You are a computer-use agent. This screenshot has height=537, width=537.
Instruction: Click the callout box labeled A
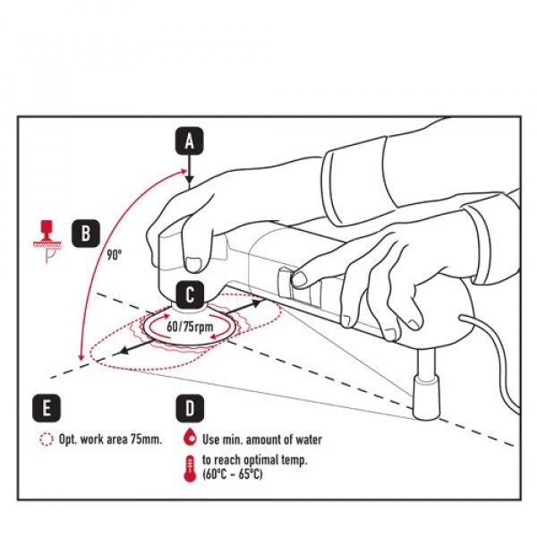pyautogui.click(x=189, y=141)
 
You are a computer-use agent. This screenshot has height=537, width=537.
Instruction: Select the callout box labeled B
pyautogui.click(x=85, y=233)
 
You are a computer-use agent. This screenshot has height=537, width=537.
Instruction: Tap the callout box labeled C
pyautogui.click(x=190, y=293)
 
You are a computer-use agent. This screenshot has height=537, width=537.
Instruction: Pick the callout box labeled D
pyautogui.click(x=189, y=408)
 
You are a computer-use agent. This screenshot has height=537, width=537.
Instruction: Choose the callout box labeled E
pyautogui.click(x=47, y=408)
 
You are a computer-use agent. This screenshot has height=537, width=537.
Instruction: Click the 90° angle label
pyautogui.click(x=114, y=254)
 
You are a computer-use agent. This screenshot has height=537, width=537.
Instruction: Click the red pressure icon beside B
pyautogui.click(x=42, y=234)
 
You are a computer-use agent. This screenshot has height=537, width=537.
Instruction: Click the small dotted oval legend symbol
pyautogui.click(x=47, y=439)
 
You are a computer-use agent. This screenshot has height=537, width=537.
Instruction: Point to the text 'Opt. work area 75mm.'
pyautogui.click(x=109, y=439)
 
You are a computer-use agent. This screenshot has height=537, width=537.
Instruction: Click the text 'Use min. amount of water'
pyautogui.click(x=261, y=439)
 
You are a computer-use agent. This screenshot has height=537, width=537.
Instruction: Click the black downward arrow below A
pyautogui.click(x=189, y=169)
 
